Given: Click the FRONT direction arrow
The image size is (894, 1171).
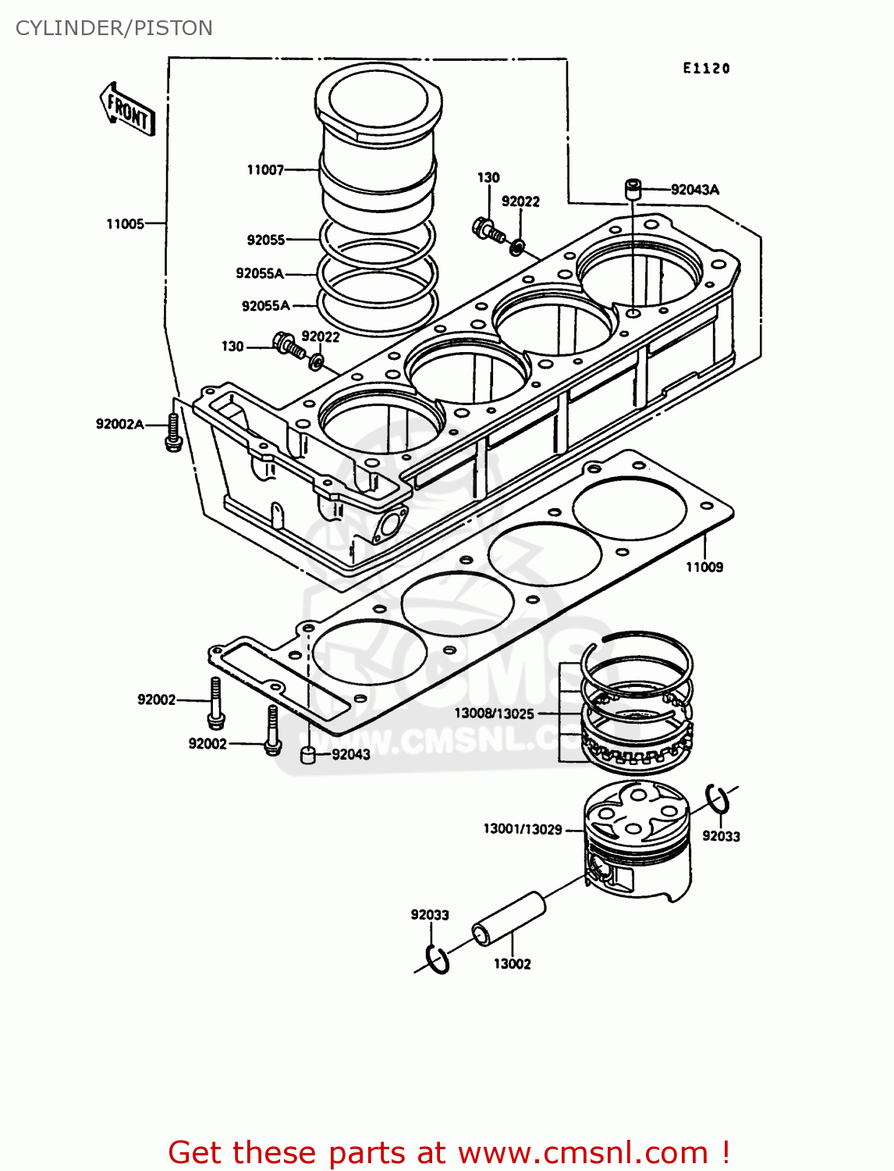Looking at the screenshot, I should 128,110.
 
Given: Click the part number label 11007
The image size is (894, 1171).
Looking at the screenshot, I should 265,170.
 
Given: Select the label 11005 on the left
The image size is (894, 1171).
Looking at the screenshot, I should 125,224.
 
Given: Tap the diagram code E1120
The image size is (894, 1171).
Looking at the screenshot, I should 706,69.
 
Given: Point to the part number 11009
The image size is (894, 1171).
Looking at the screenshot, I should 704,568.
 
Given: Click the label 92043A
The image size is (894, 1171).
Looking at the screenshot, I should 694,190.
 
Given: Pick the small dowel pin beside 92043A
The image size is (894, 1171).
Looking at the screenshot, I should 632,188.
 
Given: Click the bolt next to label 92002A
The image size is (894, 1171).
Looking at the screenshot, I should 173,432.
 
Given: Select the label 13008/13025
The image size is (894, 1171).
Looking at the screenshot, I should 494,714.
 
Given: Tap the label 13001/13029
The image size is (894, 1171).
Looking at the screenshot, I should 522,829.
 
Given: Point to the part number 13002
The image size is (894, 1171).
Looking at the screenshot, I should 512,964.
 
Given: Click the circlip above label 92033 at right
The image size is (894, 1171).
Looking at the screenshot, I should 718,799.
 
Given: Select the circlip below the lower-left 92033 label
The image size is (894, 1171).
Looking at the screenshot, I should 438,959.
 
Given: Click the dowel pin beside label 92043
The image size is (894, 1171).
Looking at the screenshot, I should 308,755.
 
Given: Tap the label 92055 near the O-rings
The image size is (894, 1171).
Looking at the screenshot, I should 265,240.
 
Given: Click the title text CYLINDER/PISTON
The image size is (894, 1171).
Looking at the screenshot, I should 114,28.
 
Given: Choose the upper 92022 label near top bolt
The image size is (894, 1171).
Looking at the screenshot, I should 520,202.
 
